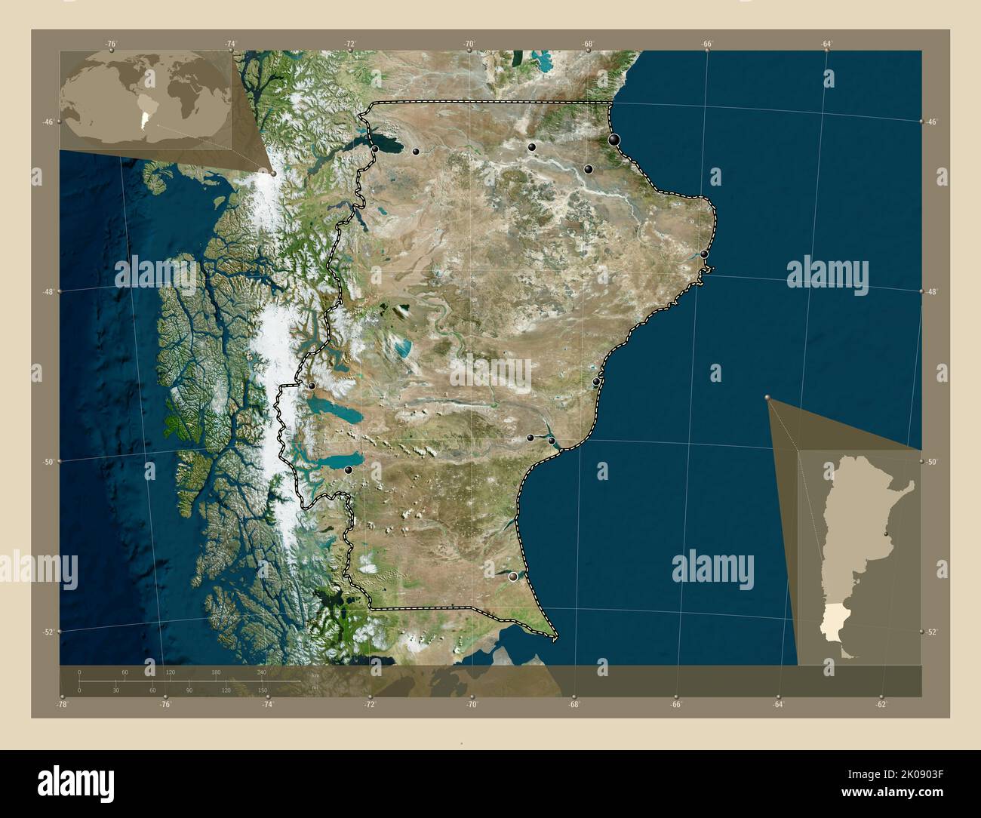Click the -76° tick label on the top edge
click(112, 45)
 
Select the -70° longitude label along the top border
click(469, 45)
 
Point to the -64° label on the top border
click(826, 45)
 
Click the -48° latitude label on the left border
click(48, 291)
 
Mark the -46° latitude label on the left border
click(48, 122)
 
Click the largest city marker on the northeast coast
click(615, 140)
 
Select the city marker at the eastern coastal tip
click(704, 254)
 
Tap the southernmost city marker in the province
click(514, 577)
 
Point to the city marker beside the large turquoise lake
click(349, 470)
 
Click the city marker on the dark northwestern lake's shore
click(375, 149)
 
